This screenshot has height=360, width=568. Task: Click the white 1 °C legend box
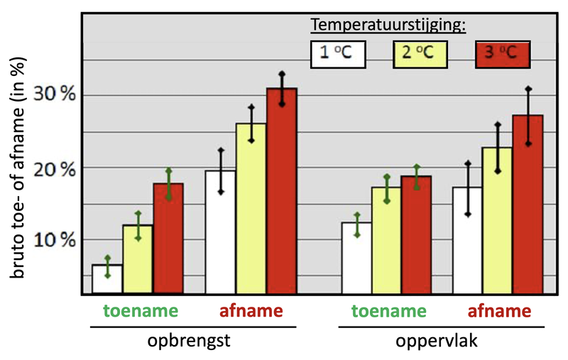[337, 54]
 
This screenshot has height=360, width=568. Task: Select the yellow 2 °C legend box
[420, 54]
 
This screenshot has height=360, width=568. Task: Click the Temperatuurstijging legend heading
[388, 26]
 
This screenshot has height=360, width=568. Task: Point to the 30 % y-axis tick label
[56, 96]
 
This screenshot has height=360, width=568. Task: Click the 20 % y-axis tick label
[56, 169]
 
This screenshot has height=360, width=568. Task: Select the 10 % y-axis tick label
[56, 240]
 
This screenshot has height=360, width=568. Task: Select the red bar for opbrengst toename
[168, 239]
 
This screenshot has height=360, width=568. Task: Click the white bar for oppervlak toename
[356, 258]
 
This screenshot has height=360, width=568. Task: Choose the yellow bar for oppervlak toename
[386, 241]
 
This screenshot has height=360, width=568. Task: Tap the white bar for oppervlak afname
[467, 241]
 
